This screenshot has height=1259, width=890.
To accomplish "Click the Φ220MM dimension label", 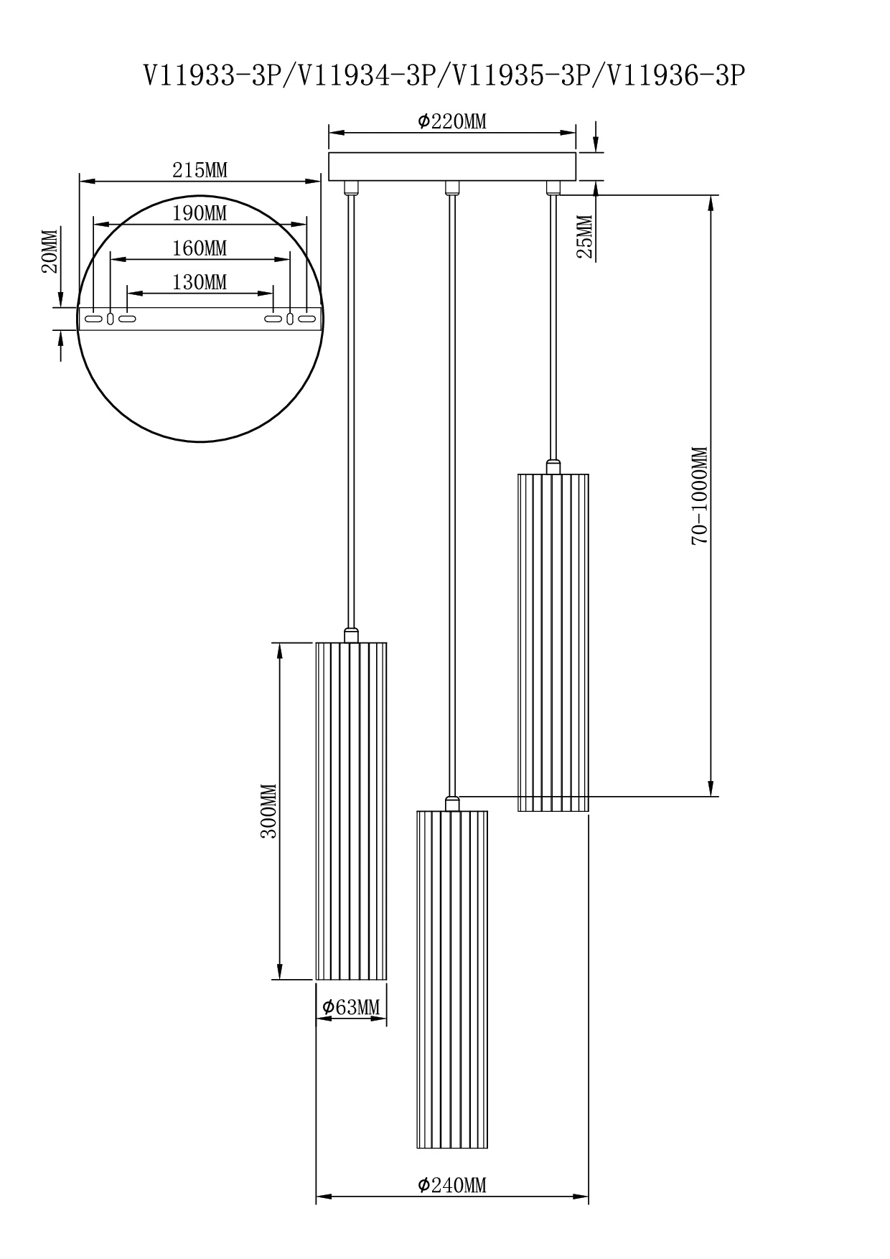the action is coord(452,122).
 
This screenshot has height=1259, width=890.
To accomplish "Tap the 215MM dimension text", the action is coord(200,170).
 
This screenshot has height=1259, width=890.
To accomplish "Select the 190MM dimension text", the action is coord(200,213).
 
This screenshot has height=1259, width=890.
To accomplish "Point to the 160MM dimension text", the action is coord(200,248).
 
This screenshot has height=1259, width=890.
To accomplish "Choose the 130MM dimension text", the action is coord(200,283).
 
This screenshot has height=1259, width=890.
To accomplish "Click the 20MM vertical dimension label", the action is coord(49,251).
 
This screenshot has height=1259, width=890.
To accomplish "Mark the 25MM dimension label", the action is coord(584,237).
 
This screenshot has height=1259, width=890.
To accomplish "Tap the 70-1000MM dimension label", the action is coord(700,495).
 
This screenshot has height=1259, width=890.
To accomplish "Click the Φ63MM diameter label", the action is coord(351,1008).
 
